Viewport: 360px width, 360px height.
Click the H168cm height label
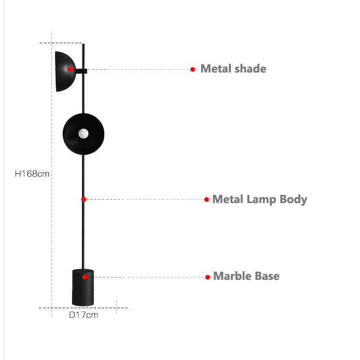(x=32, y=174)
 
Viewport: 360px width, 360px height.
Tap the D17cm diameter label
(x=84, y=315)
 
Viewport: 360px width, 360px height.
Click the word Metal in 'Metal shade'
(x=216, y=69)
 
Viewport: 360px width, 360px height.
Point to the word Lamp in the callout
(x=261, y=200)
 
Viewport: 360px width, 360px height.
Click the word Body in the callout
(x=293, y=200)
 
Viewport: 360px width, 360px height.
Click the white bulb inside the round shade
(x=84, y=133)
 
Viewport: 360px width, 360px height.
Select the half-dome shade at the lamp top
(x=65, y=72)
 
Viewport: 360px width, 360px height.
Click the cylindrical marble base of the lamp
(x=83, y=288)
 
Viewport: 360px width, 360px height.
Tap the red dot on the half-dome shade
(x=70, y=69)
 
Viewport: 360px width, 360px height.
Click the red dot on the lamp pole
(x=84, y=199)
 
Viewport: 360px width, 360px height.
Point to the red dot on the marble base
(x=84, y=277)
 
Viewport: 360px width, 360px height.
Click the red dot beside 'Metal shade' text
(x=192, y=69)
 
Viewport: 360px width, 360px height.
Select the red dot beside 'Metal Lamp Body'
(x=206, y=199)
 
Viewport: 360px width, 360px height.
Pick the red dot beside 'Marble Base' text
(x=207, y=277)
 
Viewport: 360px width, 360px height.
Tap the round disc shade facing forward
(x=84, y=134)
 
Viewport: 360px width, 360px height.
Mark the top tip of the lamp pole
(x=84, y=44)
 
